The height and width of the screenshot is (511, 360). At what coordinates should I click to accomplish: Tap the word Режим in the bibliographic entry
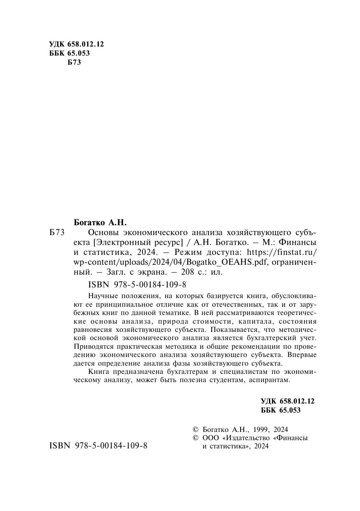pyautogui.click(x=189, y=252)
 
